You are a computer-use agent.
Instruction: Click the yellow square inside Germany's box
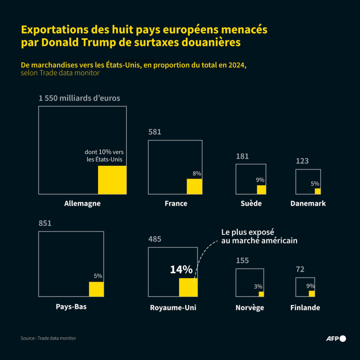pyautogui.click(x=112, y=180)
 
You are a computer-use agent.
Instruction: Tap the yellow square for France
pyautogui.click(x=194, y=187)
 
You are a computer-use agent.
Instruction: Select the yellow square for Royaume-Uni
pyautogui.click(x=188, y=288)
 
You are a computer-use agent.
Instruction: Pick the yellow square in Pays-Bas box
pyautogui.click(x=96, y=289)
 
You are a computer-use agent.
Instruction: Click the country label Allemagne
pyautogui.click(x=82, y=204)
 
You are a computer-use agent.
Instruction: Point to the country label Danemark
pyautogui.click(x=308, y=204)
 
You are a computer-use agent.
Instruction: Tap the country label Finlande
pyautogui.click(x=305, y=308)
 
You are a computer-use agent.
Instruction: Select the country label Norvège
pyautogui.click(x=250, y=308)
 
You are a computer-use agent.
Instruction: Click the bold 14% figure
pyautogui.click(x=181, y=270)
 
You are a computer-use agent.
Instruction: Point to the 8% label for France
pyautogui.click(x=197, y=173)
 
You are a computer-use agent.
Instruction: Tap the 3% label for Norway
pyautogui.click(x=258, y=286)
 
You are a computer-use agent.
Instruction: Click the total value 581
pyautogui.click(x=155, y=132)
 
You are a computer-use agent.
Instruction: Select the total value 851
pyautogui.click(x=45, y=224)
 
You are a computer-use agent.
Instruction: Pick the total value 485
pyautogui.click(x=155, y=239)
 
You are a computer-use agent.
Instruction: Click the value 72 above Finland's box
pyautogui.click(x=300, y=270)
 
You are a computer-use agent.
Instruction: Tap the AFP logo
pyautogui.click(x=336, y=338)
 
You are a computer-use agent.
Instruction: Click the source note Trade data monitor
pyautogui.click(x=48, y=338)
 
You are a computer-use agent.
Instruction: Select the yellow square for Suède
pyautogui.click(x=261, y=189)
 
